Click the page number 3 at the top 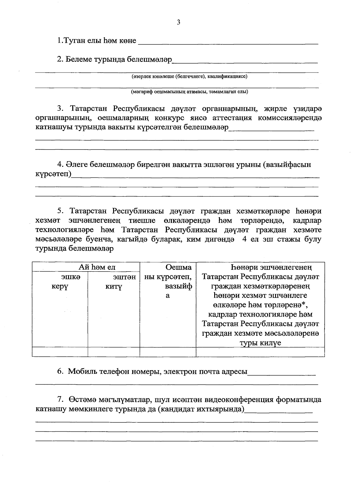tap(178, 22)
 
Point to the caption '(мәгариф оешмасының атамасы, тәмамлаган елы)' tap(189, 92)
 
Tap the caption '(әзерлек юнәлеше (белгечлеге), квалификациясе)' tap(189, 76)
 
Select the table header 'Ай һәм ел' tap(97, 267)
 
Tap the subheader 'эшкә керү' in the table tap(60, 281)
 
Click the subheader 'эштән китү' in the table tap(114, 281)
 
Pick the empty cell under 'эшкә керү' tap(60, 352)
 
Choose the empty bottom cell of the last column tap(260, 352)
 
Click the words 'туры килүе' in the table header tap(260, 343)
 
